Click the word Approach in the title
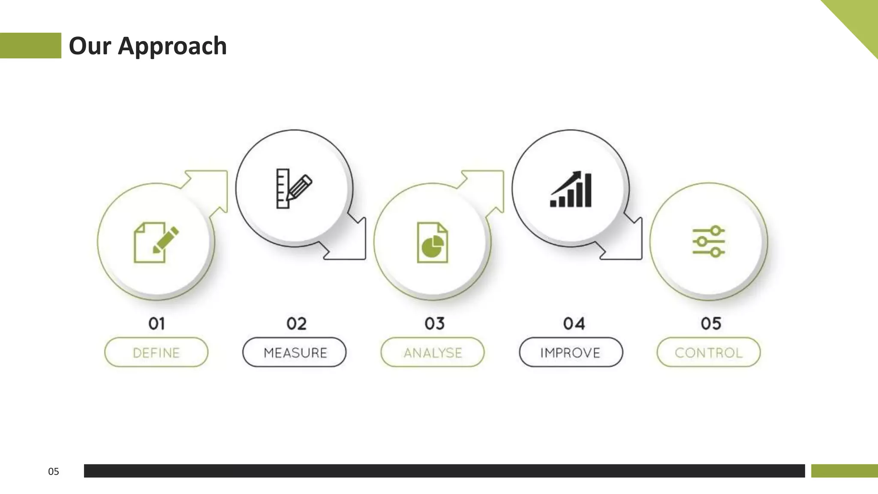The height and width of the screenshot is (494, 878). pyautogui.click(x=172, y=46)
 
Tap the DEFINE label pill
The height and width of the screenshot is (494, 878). pyautogui.click(x=156, y=352)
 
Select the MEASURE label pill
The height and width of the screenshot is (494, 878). pyautogui.click(x=295, y=352)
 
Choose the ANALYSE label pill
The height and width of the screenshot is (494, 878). pyautogui.click(x=433, y=352)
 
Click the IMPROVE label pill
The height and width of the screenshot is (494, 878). pyautogui.click(x=571, y=352)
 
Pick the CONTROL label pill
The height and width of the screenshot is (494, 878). pyautogui.click(x=709, y=352)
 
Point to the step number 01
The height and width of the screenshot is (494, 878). pyautogui.click(x=156, y=323)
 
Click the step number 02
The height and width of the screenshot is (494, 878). pyautogui.click(x=296, y=323)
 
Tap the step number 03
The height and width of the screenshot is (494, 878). pyautogui.click(x=435, y=323)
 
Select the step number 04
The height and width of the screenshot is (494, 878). pyautogui.click(x=574, y=323)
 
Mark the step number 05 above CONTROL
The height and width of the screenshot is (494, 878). pyautogui.click(x=711, y=323)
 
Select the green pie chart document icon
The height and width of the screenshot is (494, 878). pyautogui.click(x=433, y=242)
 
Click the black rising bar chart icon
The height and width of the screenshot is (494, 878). pyautogui.click(x=571, y=190)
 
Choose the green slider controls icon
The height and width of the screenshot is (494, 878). pyautogui.click(x=709, y=241)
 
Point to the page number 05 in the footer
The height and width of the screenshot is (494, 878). pyautogui.click(x=54, y=472)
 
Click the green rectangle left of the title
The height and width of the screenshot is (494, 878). pyautogui.click(x=30, y=45)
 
